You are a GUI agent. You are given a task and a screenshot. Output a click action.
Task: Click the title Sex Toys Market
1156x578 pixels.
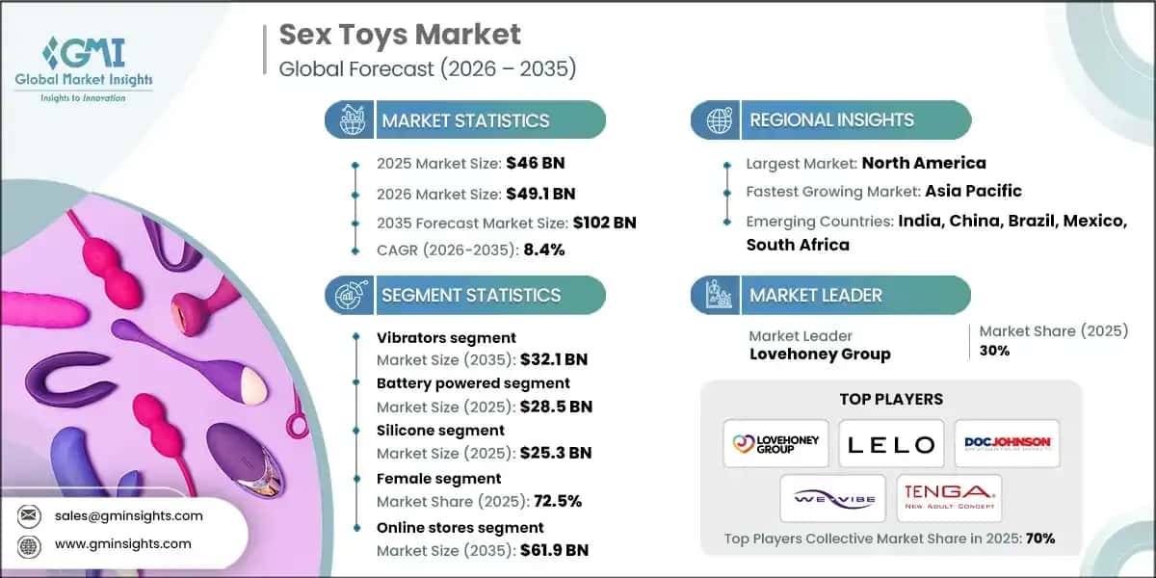pyautogui.click(x=400, y=35)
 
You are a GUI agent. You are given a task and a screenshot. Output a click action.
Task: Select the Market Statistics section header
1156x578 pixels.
pyautogui.click(x=465, y=120)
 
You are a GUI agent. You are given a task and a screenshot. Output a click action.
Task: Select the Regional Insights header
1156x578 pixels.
pyautogui.click(x=831, y=120)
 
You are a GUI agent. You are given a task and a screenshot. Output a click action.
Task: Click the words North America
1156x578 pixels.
pyautogui.click(x=923, y=163)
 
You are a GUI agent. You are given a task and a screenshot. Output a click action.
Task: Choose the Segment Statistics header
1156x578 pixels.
pyautogui.click(x=470, y=295)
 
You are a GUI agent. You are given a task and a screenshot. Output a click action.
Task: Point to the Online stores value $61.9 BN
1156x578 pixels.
pyautogui.click(x=553, y=550)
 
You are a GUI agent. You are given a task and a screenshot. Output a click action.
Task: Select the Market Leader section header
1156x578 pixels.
pyautogui.click(x=815, y=295)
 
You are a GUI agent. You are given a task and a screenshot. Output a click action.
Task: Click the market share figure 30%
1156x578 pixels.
pyautogui.click(x=994, y=351)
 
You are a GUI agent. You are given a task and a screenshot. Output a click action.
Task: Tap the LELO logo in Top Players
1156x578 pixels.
pyautogui.click(x=890, y=444)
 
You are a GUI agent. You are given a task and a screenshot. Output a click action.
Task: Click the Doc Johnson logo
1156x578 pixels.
pyautogui.click(x=1007, y=444)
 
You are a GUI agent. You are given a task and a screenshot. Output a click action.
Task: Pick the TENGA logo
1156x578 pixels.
pyautogui.click(x=949, y=498)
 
